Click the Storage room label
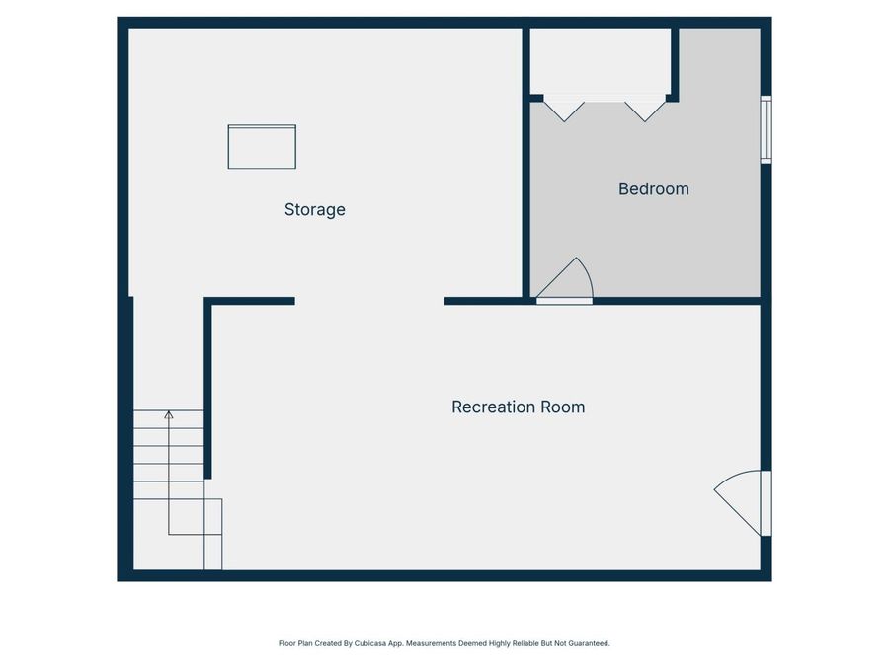(315, 209)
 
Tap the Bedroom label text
(653, 188)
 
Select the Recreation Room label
(518, 407)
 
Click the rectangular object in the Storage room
(262, 147)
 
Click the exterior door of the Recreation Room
(743, 500)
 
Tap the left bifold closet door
(564, 108)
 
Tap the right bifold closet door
(646, 108)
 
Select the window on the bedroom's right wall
(766, 129)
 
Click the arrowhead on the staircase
(169, 415)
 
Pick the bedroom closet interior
(602, 61)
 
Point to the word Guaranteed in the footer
(587, 643)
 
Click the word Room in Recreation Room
(562, 407)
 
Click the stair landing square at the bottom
(196, 534)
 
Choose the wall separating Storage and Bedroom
(526, 163)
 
